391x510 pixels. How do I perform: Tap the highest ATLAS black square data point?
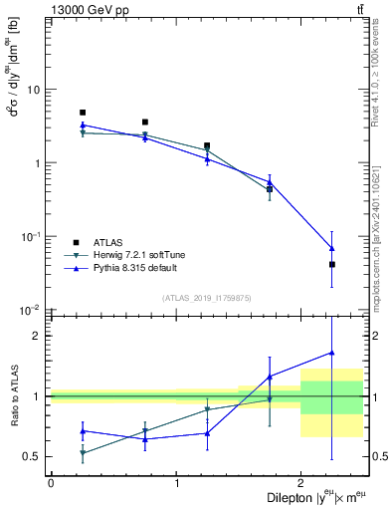pos(83,113)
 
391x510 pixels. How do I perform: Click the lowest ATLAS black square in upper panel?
pos(331,264)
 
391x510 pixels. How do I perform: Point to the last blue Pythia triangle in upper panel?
pos(331,248)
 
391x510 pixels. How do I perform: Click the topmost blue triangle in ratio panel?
pos(331,353)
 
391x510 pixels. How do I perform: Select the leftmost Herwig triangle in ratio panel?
pos(83,453)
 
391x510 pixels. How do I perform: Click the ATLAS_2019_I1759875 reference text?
pos(207,298)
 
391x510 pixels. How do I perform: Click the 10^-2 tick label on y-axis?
pos(32,311)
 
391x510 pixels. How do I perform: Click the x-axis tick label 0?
pos(51,482)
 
